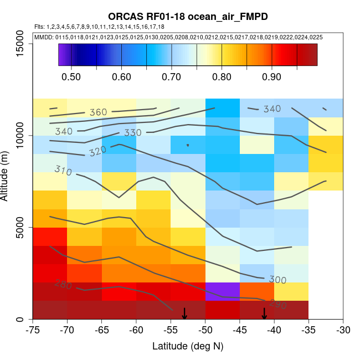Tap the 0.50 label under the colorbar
click(x=72, y=76)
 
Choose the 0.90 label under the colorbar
click(x=272, y=76)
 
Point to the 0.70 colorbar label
click(x=172, y=76)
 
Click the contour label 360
click(x=98, y=112)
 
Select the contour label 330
click(x=133, y=133)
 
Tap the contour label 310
click(x=64, y=171)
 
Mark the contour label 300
click(x=277, y=280)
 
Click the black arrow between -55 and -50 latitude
click(x=184, y=313)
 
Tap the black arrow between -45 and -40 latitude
click(x=264, y=313)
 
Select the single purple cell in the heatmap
click(x=223, y=291)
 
